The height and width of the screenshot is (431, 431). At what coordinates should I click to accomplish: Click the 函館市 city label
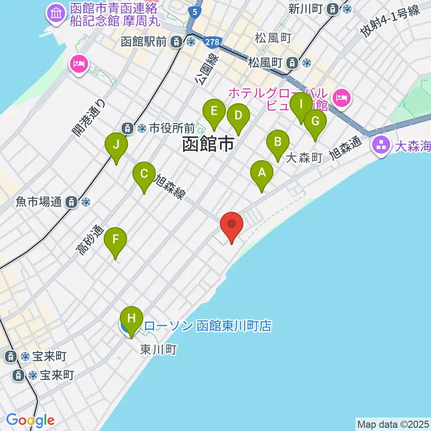tap(208, 145)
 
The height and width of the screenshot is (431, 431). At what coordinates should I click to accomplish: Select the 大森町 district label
tap(304, 158)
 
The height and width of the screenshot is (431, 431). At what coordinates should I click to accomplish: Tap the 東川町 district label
tap(158, 349)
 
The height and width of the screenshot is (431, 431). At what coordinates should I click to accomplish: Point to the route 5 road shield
tap(194, 13)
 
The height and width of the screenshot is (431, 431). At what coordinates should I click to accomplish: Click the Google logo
tap(30, 420)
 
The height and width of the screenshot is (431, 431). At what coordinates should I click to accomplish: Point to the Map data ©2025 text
tap(393, 424)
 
